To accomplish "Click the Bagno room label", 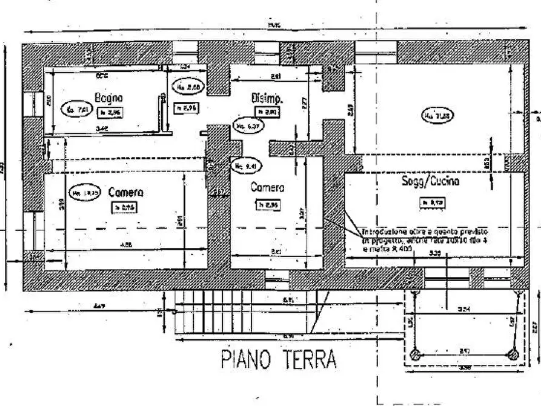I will (108, 97).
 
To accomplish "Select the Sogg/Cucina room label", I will (430, 181).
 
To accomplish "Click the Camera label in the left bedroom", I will (125, 192).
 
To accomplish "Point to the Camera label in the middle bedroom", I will (267, 188).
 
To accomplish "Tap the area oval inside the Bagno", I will (78, 110).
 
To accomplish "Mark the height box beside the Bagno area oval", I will (110, 111).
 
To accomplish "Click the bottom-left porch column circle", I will (416, 354).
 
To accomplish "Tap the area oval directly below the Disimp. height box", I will (247, 126).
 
